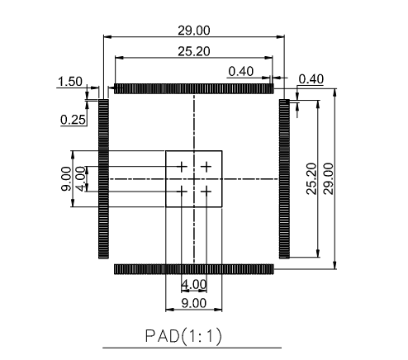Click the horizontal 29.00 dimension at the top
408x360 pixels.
tap(193, 31)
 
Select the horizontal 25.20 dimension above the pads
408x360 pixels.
tap(193, 51)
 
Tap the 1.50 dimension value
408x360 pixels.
tap(69, 81)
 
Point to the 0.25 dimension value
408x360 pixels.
tap(73, 120)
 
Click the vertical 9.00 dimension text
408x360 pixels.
tap(65, 178)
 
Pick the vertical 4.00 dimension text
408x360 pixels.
tap(80, 178)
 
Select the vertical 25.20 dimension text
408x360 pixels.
tap(310, 178)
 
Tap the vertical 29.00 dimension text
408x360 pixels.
tap(328, 178)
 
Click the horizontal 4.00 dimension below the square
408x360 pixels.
tap(194, 284)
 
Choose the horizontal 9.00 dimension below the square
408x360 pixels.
tap(194, 303)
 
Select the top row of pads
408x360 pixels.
tap(193, 88)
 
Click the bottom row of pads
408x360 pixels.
tap(193, 269)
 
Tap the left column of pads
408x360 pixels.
tap(103, 178)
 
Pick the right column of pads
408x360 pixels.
tap(283, 178)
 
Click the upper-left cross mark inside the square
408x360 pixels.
tap(182, 167)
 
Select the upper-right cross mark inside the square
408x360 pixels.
tap(206, 167)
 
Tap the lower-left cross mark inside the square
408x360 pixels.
tap(182, 192)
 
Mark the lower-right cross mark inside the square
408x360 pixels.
tap(206, 192)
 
